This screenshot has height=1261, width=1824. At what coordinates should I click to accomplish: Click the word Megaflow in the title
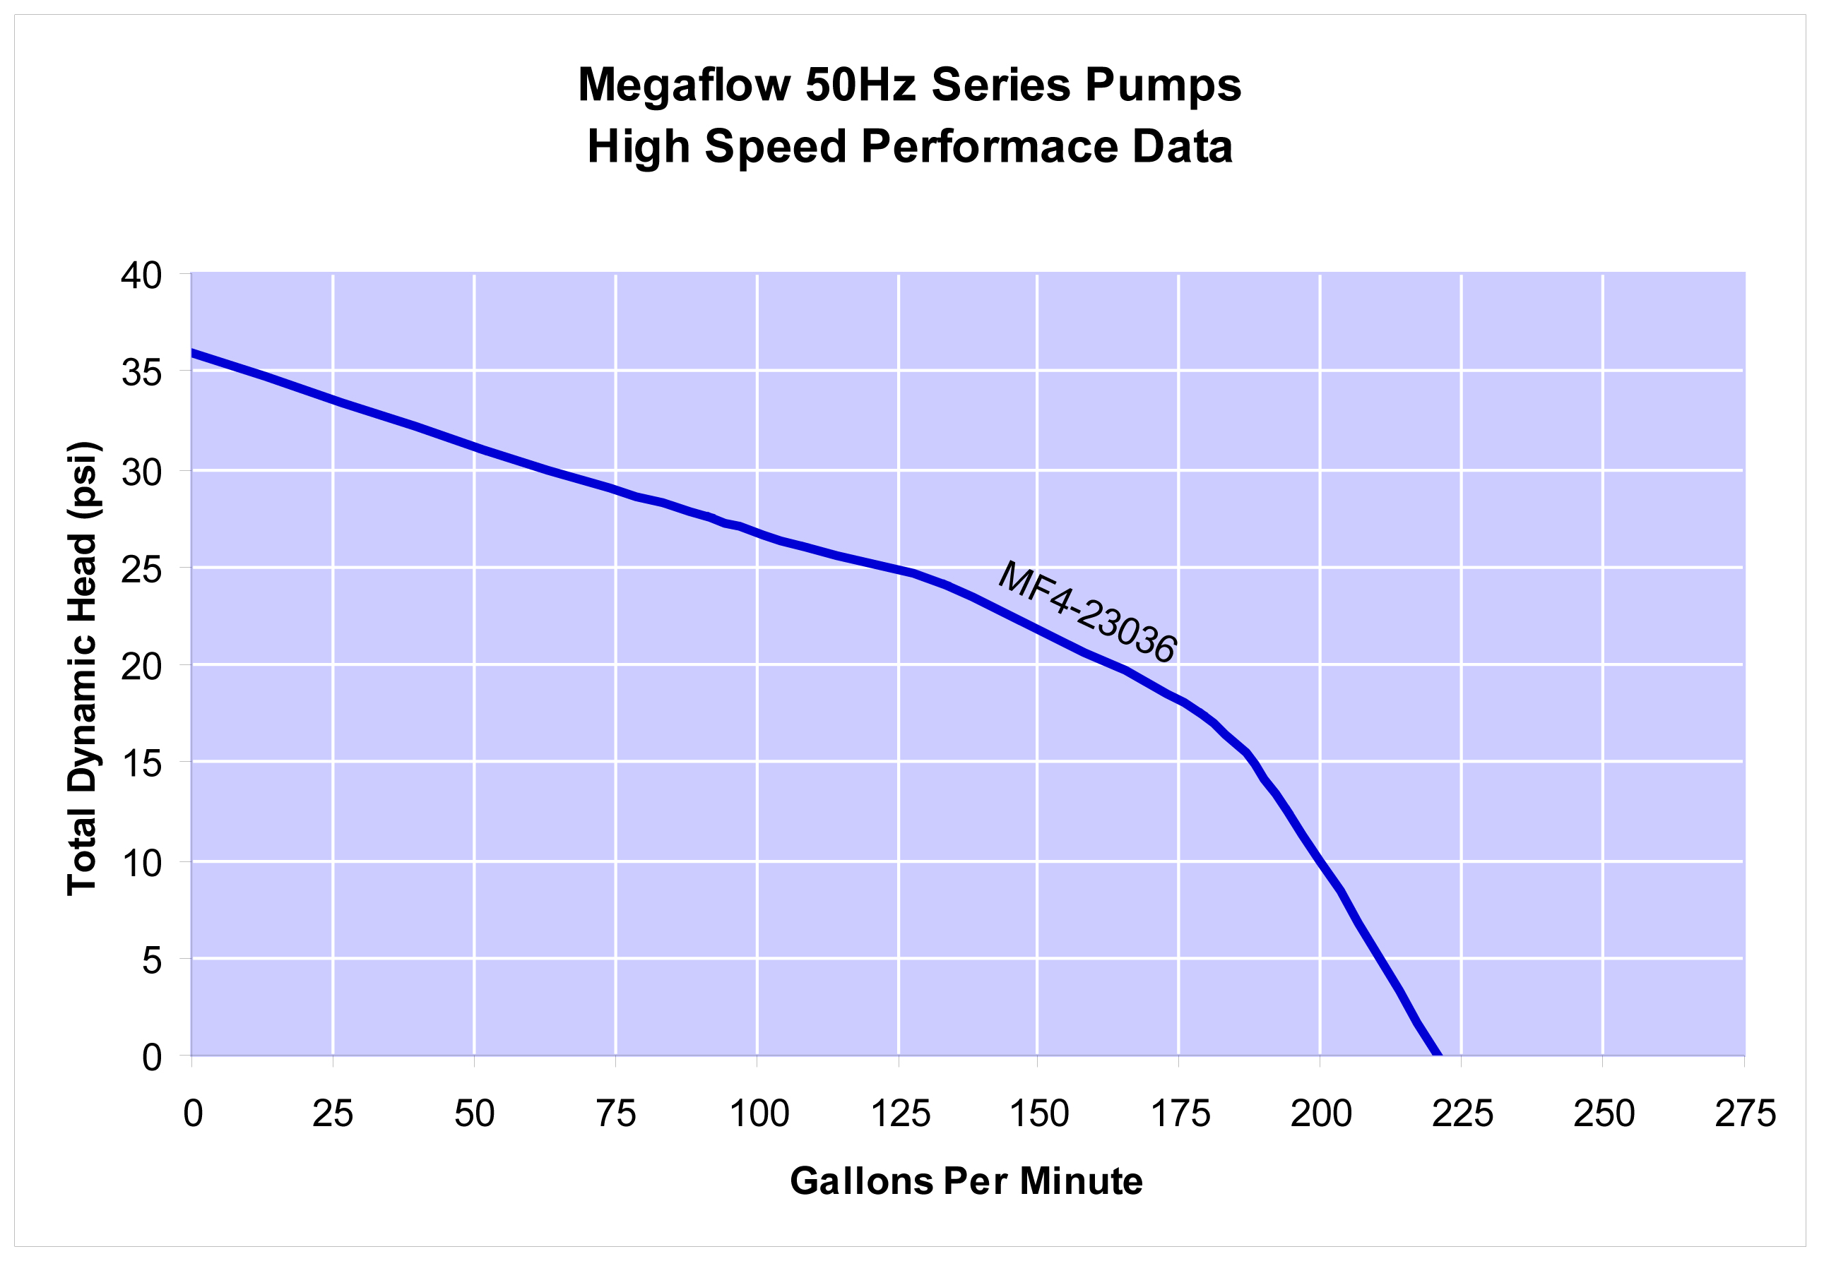683,85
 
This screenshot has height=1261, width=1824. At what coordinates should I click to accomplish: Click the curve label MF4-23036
1086,612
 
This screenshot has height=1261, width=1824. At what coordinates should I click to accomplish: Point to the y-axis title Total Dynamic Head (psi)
82,669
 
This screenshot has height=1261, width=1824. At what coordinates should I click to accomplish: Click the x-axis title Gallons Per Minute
966,1181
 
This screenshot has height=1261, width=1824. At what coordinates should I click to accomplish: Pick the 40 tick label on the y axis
141,277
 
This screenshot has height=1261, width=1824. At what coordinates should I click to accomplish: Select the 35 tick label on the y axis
141,372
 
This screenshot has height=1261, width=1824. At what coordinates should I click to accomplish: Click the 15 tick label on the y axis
141,764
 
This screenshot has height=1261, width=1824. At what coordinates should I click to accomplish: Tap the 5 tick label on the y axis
152,961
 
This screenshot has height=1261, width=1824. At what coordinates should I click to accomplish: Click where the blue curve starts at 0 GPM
194,353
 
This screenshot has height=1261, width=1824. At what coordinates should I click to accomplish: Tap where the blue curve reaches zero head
1436,1053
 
